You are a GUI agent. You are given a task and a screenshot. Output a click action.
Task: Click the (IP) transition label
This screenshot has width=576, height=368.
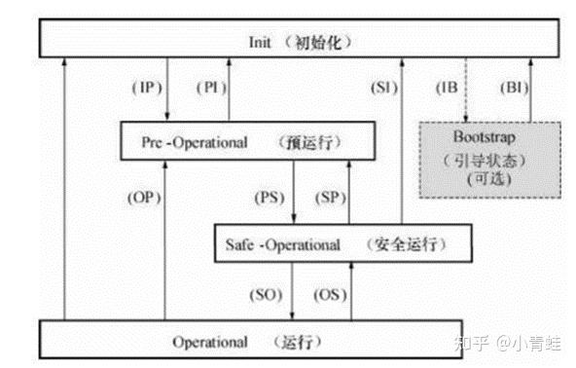(146, 89)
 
